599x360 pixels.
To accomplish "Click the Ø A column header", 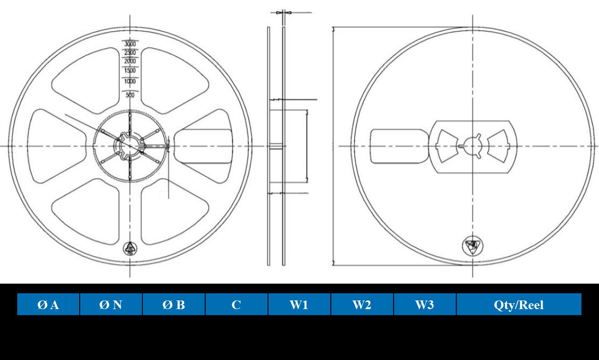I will pyautogui.click(x=48, y=305).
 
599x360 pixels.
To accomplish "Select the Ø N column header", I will pyautogui.click(x=111, y=305).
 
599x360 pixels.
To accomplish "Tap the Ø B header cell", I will pyautogui.click(x=174, y=305).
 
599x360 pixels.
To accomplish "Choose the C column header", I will pyautogui.click(x=237, y=305).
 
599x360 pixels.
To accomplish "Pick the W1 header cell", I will pyautogui.click(x=299, y=305).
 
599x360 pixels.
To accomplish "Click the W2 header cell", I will pyautogui.click(x=362, y=305).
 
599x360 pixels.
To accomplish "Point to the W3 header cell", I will pyautogui.click(x=425, y=305).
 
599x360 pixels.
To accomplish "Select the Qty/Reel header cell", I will pyautogui.click(x=518, y=305).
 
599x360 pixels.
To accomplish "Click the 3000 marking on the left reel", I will pyautogui.click(x=131, y=44).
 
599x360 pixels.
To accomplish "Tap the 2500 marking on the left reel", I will pyautogui.click(x=131, y=53).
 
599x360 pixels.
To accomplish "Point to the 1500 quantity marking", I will pyautogui.click(x=131, y=70).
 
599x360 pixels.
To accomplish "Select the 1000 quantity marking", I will pyautogui.click(x=131, y=81).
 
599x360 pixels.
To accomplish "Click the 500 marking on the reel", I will pyautogui.click(x=131, y=95).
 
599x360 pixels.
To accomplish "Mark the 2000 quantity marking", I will pyautogui.click(x=131, y=61).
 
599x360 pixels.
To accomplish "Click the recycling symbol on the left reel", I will pyautogui.click(x=131, y=248).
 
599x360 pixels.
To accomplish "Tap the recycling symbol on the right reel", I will pyautogui.click(x=473, y=245).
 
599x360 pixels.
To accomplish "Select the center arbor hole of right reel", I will pyautogui.click(x=473, y=146).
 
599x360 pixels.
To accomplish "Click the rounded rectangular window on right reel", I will pyautogui.click(x=398, y=146).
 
